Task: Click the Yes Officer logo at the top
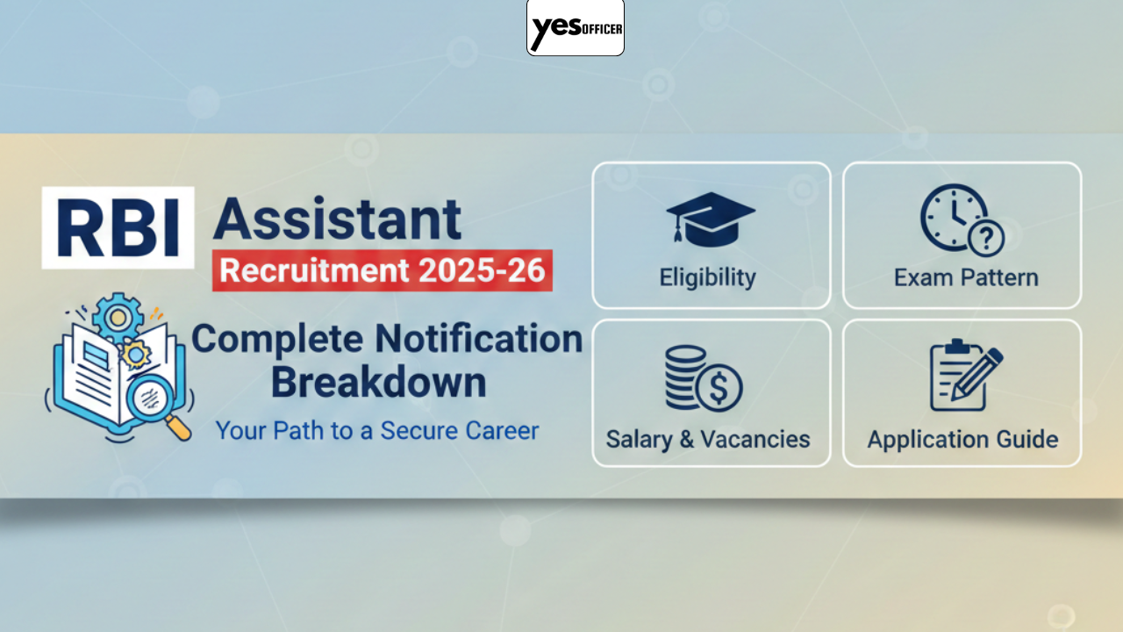(576, 28)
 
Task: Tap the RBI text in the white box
(118, 227)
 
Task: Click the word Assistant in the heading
(337, 219)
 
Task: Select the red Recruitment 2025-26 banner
(383, 270)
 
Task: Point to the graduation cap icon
(710, 217)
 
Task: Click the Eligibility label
(707, 278)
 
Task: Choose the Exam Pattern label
(966, 278)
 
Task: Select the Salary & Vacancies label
(708, 439)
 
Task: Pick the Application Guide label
(962, 439)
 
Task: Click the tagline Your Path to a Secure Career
(377, 431)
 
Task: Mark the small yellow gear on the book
(136, 354)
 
